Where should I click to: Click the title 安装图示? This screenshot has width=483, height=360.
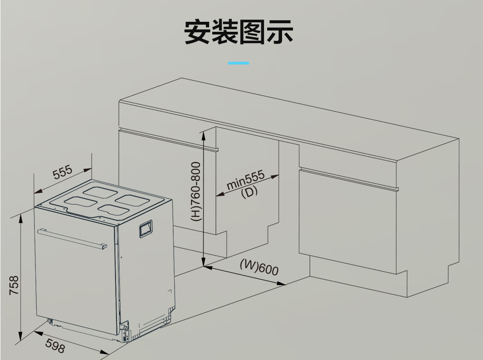(x=239, y=32)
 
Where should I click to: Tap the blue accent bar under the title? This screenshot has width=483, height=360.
(x=239, y=63)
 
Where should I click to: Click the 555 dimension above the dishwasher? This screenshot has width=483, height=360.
(x=63, y=173)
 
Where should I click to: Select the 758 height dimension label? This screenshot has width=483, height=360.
(x=15, y=285)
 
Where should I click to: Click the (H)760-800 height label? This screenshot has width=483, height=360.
(x=195, y=191)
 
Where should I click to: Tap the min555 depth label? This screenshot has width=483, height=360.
(x=245, y=181)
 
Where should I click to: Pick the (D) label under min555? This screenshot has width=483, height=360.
(x=249, y=192)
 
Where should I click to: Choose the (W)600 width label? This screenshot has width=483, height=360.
(x=259, y=267)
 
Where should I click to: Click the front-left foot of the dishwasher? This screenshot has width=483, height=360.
(x=50, y=322)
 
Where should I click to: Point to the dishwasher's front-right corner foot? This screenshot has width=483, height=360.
(x=124, y=334)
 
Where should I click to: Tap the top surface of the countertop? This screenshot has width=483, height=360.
(x=290, y=113)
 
